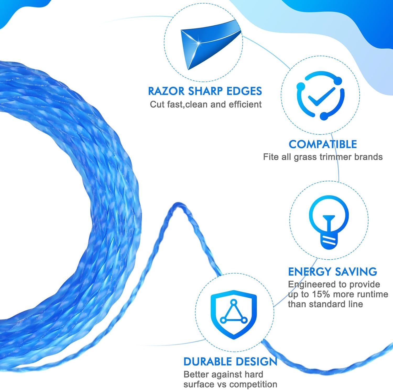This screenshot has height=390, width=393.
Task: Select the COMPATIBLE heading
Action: click(323, 144)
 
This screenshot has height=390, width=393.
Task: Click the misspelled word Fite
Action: click(271, 157)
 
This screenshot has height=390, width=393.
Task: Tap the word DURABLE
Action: click(207, 361)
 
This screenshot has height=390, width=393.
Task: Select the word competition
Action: click(252, 384)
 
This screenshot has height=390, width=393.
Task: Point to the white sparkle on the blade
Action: click(198, 43)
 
